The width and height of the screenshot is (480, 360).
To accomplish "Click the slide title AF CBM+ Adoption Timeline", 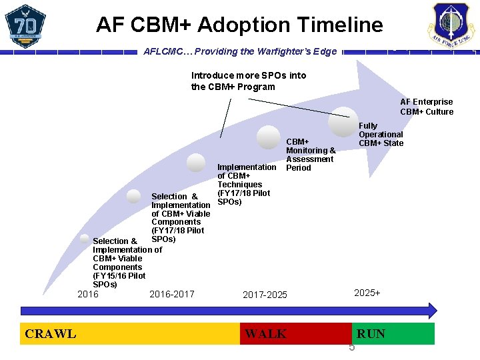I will click(239, 25).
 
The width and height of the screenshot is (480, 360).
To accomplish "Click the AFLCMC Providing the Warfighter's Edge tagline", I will click(240, 51).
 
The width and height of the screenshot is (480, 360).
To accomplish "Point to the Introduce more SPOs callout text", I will click(249, 81).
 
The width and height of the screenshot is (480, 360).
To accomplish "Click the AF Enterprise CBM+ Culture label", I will click(427, 107).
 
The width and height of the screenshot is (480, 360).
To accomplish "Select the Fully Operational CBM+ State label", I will click(381, 134).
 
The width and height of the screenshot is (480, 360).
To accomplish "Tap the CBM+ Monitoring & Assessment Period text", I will click(311, 155).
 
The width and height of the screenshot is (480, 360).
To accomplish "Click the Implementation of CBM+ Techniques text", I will click(245, 184).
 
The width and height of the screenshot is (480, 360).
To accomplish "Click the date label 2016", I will click(88, 294).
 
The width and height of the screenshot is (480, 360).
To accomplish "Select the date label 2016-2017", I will click(172, 294).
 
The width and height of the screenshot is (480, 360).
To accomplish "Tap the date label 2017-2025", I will click(265, 295).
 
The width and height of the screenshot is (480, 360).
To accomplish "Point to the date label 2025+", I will click(367, 293).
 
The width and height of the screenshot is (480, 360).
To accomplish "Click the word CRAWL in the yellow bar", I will click(50, 333).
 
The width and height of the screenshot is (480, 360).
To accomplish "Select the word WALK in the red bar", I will click(265, 333).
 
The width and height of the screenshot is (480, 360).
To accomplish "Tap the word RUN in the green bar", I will click(371, 333).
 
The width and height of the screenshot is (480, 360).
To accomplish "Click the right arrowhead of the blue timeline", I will click(431, 310).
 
